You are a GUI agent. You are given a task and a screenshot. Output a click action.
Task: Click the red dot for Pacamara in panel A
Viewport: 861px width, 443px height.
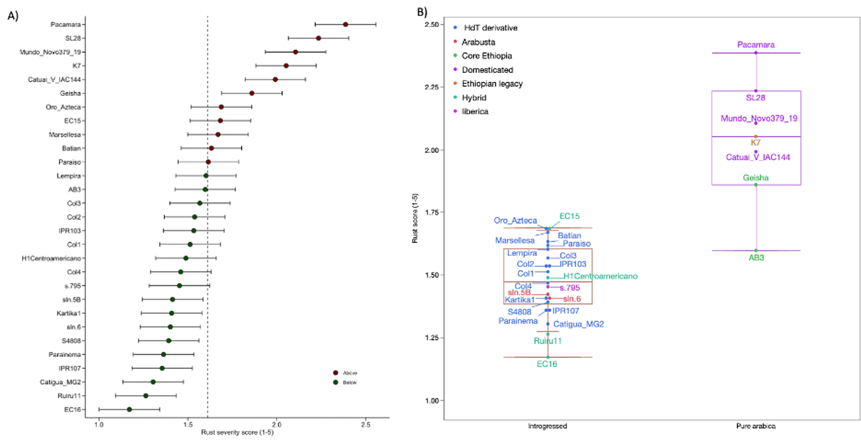(345, 24)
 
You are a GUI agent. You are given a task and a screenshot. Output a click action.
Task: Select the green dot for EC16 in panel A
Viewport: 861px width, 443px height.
(129, 409)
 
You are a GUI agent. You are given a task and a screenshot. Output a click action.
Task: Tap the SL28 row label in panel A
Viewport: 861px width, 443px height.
(73, 38)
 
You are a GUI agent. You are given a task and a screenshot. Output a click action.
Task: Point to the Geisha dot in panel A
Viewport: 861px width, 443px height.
(251, 93)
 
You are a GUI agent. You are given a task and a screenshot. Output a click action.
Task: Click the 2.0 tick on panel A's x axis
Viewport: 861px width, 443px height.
(277, 425)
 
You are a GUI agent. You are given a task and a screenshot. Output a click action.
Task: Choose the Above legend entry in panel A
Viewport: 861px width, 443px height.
(349, 373)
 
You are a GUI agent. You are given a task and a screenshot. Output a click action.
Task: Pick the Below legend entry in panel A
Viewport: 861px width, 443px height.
(349, 382)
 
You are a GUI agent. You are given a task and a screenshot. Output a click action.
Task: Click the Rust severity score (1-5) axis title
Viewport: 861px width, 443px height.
(237, 432)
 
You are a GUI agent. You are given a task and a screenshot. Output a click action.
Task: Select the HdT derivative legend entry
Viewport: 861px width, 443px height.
(490, 28)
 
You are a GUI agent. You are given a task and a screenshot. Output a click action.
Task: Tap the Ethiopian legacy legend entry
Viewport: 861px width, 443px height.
(492, 84)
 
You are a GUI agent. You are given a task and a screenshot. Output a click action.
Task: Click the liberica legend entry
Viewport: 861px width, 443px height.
(475, 111)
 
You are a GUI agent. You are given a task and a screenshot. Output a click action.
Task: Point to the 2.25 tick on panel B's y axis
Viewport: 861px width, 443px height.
(432, 87)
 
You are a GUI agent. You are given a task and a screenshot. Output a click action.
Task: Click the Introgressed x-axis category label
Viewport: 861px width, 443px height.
(547, 426)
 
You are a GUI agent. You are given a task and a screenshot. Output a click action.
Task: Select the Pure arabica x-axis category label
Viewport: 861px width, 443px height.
(756, 426)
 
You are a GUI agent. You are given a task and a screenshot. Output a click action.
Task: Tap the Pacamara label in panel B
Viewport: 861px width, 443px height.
(756, 45)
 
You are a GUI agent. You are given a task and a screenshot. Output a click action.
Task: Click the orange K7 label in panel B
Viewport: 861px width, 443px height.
(756, 143)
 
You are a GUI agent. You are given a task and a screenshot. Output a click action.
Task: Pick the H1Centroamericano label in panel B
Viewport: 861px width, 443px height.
(600, 276)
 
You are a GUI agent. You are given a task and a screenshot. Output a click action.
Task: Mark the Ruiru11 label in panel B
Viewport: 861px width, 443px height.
(547, 341)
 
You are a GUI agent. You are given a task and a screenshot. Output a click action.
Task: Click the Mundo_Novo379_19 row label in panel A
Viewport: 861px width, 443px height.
(51, 52)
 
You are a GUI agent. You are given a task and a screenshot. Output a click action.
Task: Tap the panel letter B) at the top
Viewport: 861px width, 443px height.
(422, 12)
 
